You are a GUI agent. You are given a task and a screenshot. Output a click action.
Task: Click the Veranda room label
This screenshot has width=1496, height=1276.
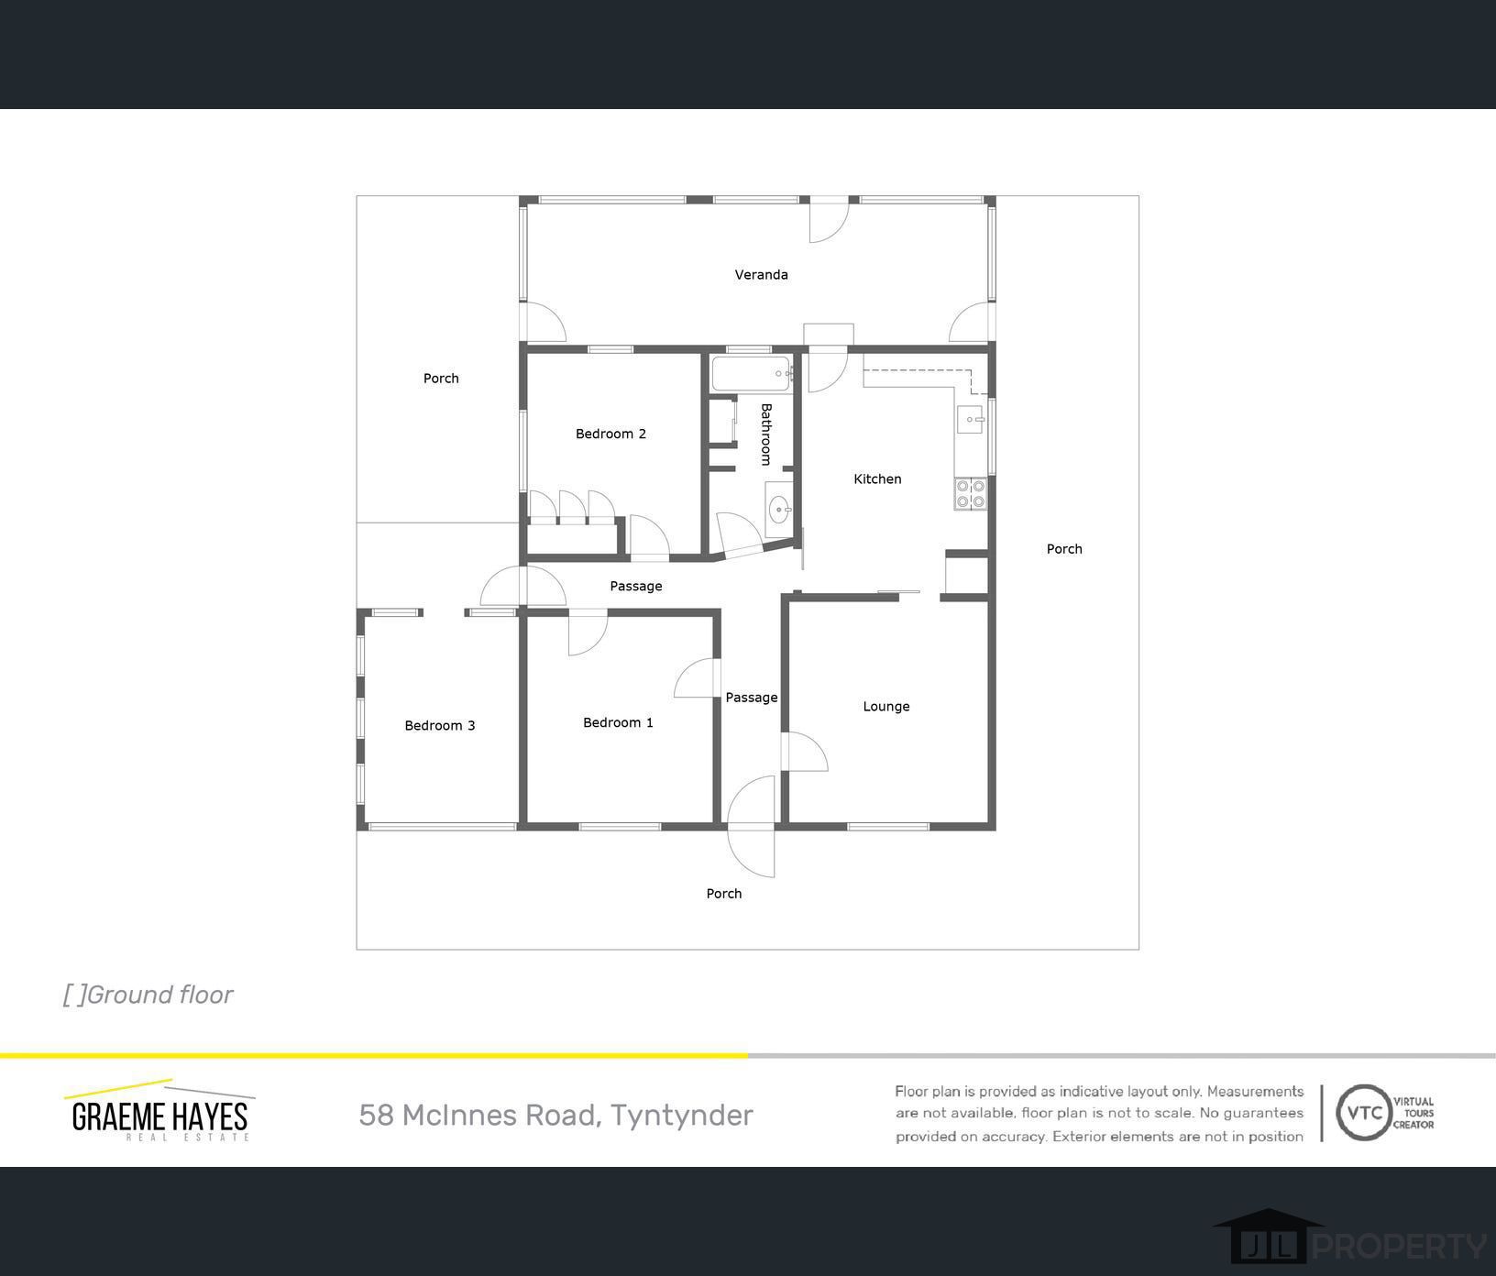[761, 274]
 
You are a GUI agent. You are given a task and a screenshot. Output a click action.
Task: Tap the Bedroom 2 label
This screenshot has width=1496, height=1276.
[610, 434]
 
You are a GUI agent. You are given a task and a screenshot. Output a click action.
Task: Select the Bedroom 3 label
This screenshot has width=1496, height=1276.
[440, 725]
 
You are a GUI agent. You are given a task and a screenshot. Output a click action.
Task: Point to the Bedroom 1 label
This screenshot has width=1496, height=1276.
[618, 722]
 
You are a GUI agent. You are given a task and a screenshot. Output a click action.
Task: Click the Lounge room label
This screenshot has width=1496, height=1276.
[885, 707]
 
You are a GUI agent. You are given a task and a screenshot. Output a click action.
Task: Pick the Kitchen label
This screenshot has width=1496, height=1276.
[877, 478]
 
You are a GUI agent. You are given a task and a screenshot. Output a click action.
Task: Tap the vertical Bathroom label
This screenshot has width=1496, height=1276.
[766, 434]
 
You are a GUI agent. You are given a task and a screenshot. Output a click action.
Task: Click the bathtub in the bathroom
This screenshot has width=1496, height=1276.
[752, 374]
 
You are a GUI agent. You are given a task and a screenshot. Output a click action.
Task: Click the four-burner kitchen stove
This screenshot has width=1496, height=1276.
[971, 494]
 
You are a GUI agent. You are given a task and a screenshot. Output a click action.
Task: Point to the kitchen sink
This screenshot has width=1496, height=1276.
[971, 420]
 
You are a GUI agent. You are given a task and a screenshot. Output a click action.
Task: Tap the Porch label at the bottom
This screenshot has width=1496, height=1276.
[723, 894]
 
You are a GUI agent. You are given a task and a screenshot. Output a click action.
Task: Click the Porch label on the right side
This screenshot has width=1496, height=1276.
[1064, 549]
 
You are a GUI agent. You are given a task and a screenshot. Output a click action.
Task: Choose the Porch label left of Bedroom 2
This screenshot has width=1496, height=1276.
[441, 378]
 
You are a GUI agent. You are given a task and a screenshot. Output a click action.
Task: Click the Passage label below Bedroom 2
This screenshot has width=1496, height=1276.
[635, 586]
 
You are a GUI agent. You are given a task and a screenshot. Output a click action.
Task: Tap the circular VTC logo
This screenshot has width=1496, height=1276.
[1365, 1113]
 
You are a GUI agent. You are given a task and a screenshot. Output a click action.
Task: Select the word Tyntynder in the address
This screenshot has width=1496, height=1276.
[682, 1116]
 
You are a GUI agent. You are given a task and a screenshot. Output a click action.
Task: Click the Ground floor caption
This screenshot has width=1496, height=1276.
[148, 995]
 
